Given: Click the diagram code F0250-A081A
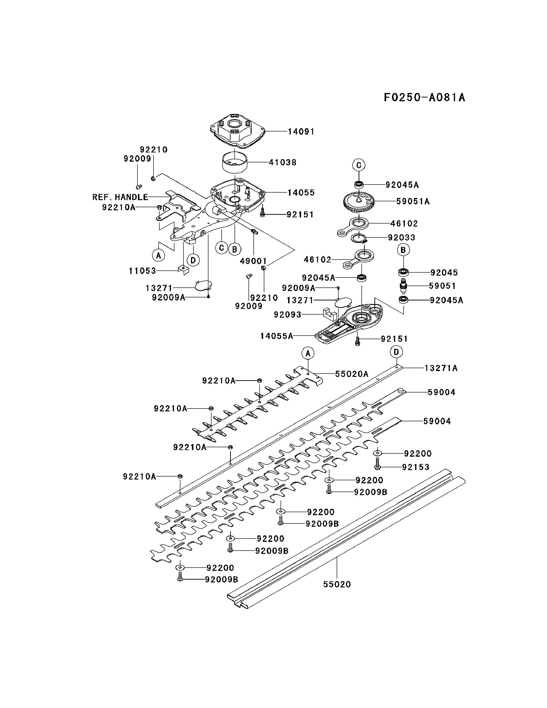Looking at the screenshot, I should [424, 97].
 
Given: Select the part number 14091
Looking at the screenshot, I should [301, 132].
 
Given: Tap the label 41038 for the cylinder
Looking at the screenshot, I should [283, 162].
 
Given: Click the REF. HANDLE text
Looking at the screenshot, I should [120, 197].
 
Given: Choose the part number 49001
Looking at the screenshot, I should [253, 261].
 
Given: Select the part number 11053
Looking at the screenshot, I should [142, 271].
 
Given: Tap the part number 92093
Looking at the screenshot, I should [288, 315].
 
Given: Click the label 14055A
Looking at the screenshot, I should [277, 336].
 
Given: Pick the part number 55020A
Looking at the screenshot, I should [352, 374].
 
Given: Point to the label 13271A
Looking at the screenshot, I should [441, 368].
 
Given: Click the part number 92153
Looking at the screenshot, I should [416, 467].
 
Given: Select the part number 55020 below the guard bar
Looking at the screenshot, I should [337, 585].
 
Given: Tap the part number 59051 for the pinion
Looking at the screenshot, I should [442, 286].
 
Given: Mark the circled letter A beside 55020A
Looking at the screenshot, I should [308, 353].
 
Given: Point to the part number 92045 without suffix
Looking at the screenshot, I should [444, 273].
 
